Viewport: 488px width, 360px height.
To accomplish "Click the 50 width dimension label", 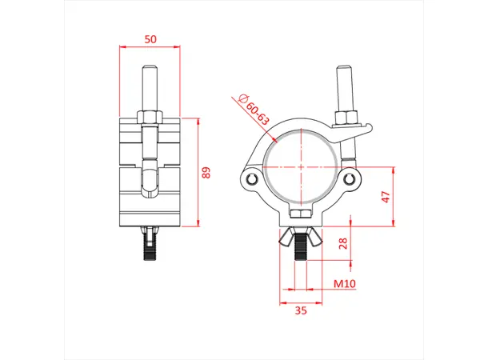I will (x=150, y=38).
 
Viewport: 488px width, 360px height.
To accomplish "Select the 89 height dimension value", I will (x=206, y=173).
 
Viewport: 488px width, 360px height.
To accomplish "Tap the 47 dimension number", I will (x=386, y=198).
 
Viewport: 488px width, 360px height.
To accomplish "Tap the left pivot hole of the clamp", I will (x=254, y=178).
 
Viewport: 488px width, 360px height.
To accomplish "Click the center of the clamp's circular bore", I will (x=300, y=166).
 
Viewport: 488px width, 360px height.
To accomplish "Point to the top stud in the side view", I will (x=150, y=88).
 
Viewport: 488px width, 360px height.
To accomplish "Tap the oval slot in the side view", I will (x=150, y=182).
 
